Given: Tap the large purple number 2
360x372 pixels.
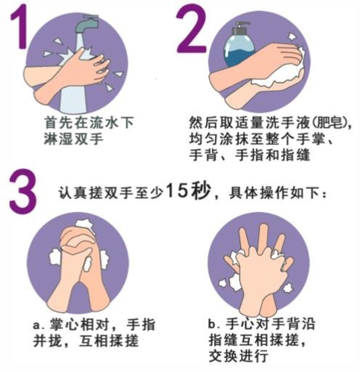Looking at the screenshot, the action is click(191, 31).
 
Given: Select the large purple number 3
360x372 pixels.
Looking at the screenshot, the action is click(22, 192).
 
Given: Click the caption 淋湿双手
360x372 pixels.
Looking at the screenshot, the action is click(73, 139).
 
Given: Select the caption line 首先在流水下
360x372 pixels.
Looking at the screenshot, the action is click(89, 122).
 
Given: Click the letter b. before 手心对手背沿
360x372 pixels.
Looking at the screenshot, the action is click(213, 324).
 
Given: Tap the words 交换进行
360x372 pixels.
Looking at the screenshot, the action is click(239, 356).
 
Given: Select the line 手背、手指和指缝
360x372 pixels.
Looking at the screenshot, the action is click(249, 155).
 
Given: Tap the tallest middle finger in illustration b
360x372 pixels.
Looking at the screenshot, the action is click(262, 238).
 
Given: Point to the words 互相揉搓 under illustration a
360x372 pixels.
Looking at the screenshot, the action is click(109, 341).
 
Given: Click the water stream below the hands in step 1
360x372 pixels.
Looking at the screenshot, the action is click(73, 100).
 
